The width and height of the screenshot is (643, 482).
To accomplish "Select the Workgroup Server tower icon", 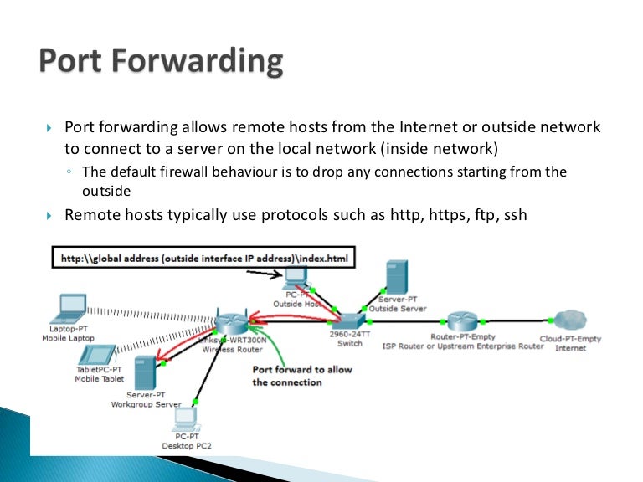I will (x=144, y=372).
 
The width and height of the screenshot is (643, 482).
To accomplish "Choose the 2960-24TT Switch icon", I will (x=349, y=319).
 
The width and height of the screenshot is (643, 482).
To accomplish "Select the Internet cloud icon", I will (x=569, y=321).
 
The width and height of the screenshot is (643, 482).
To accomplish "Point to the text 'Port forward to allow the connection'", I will (x=302, y=376).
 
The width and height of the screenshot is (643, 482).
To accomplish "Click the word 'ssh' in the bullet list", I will (x=514, y=215).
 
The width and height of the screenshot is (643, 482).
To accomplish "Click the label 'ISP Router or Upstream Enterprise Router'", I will (x=463, y=346).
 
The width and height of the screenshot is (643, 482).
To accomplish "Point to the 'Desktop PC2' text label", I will (x=186, y=441).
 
